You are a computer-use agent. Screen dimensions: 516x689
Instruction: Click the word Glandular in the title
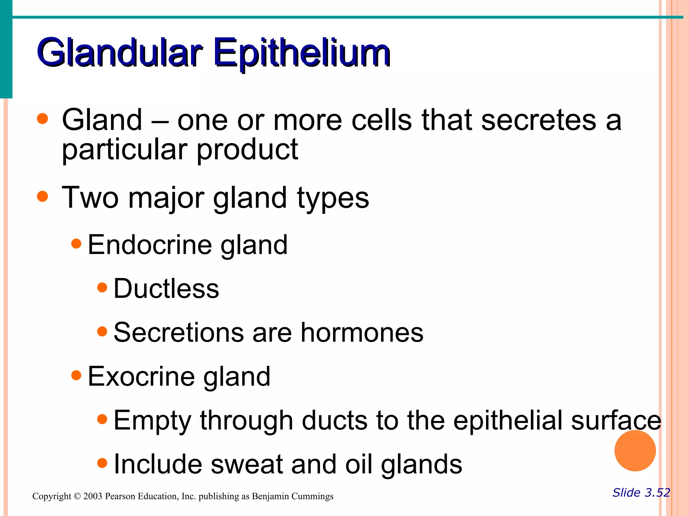click(x=119, y=52)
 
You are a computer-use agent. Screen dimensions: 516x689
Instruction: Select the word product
click(x=247, y=149)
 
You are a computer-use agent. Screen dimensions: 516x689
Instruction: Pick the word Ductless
click(x=166, y=289)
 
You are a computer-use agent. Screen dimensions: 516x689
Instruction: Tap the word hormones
click(x=362, y=333)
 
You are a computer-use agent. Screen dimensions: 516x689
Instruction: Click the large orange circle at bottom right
click(x=635, y=450)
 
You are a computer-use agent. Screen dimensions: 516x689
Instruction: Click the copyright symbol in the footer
click(x=77, y=496)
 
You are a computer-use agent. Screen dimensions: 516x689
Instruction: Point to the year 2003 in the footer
click(x=93, y=496)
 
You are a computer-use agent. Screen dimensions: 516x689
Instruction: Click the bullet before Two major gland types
click(x=42, y=196)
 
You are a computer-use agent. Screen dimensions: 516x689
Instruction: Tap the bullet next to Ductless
click(x=102, y=288)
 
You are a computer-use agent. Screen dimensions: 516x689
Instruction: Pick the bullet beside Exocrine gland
click(x=76, y=375)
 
